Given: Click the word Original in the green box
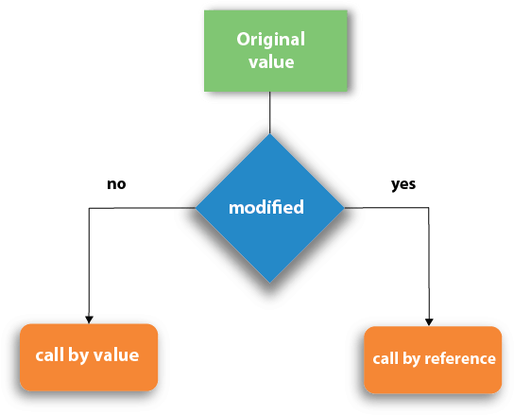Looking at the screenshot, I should pyautogui.click(x=270, y=40).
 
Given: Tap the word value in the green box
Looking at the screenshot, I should pyautogui.click(x=271, y=62).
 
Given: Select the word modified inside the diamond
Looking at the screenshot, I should pyautogui.click(x=266, y=208).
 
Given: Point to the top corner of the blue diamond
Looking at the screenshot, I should pyautogui.click(x=270, y=134).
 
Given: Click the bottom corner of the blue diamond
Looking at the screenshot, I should pyautogui.click(x=270, y=282).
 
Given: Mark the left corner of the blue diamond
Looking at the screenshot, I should pyautogui.click(x=197, y=208).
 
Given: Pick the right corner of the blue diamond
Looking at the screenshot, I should pyautogui.click(x=344, y=208).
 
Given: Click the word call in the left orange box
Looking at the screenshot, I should pyautogui.click(x=49, y=355).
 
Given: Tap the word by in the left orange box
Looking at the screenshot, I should pyautogui.click(x=77, y=356).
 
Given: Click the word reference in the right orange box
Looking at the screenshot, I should pyautogui.click(x=460, y=358).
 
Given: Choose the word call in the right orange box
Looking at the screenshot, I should pyautogui.click(x=385, y=358).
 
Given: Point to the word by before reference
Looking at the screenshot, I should pyautogui.click(x=411, y=359).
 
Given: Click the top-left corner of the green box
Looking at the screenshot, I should pyautogui.click(x=205, y=10).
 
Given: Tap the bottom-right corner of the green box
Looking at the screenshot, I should pyautogui.click(x=346, y=91).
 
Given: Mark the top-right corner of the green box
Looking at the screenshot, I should pyautogui.click(x=346, y=10).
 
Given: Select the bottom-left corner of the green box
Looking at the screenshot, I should pyautogui.click(x=205, y=91).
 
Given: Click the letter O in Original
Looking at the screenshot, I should pyautogui.click(x=243, y=40).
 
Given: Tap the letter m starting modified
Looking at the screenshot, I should pyautogui.click(x=235, y=208).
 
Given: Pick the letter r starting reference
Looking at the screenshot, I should pyautogui.click(x=427, y=359).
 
